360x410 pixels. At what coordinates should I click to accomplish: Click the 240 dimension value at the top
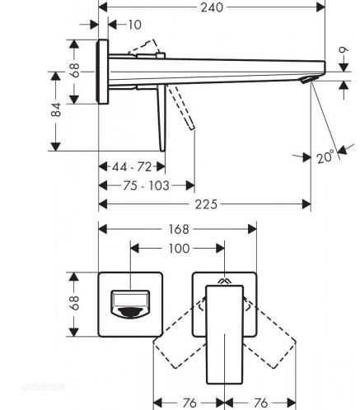(x=212, y=7)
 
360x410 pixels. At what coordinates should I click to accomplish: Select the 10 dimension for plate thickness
(x=134, y=25)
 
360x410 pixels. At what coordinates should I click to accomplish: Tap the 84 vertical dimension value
(x=56, y=109)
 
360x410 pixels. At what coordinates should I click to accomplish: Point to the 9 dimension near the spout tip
(x=344, y=50)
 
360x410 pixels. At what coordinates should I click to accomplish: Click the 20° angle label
(x=325, y=157)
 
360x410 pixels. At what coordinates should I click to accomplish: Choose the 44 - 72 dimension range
(x=132, y=167)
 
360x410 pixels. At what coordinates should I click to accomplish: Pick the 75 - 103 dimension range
(x=146, y=186)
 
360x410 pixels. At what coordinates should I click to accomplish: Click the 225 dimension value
(x=206, y=204)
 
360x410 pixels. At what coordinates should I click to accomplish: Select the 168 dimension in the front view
(x=179, y=229)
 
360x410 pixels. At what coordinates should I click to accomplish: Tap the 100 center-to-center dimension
(x=179, y=249)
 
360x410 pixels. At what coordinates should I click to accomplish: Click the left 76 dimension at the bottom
(x=189, y=403)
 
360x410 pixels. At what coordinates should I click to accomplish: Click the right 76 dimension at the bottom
(x=260, y=403)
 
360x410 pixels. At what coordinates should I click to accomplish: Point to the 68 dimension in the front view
(x=74, y=303)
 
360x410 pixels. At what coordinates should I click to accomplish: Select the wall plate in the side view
(x=103, y=72)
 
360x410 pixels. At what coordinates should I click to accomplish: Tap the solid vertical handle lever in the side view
(x=161, y=118)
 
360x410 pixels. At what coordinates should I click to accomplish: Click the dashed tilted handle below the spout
(x=181, y=107)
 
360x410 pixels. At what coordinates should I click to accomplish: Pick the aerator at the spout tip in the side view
(x=306, y=80)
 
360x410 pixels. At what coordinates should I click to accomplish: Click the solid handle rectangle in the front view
(x=225, y=334)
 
